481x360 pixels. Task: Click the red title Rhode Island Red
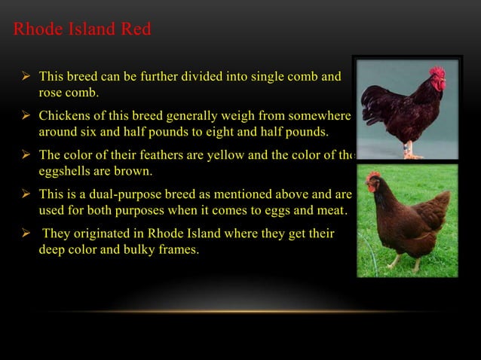[x=82, y=30]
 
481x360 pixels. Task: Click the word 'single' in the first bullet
[x=267, y=77]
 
